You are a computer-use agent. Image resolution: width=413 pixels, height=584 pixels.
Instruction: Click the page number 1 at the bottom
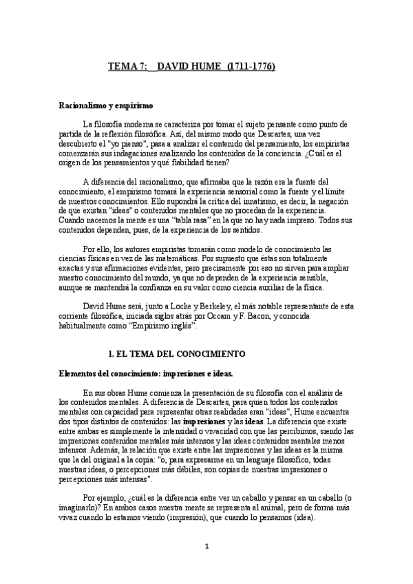pyautogui.click(x=206, y=564)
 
